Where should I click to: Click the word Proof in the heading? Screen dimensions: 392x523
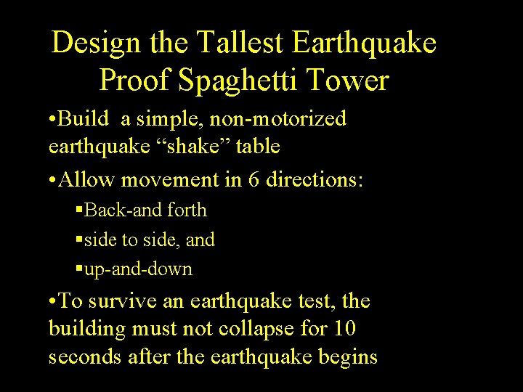click(135, 80)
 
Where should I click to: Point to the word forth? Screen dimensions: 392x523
click(187, 211)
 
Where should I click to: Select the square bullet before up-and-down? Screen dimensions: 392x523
click(79, 270)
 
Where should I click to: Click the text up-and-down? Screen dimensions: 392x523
click(139, 269)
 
